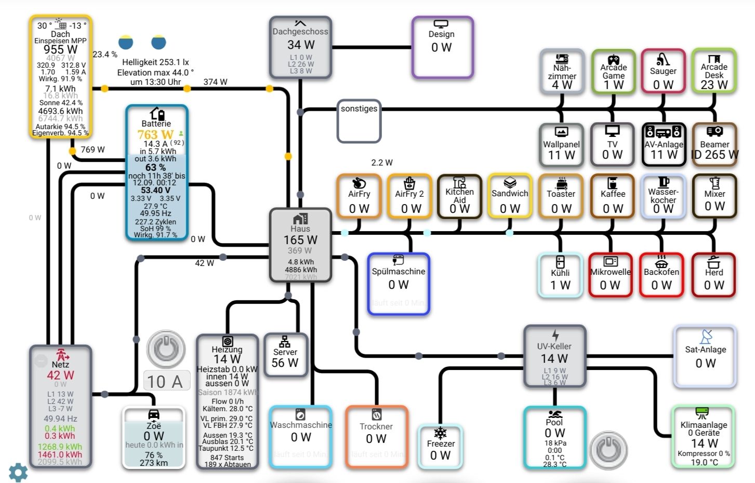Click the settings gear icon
coord(18,472)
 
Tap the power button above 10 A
coord(166,349)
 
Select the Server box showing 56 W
coord(285,355)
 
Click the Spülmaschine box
coord(399,284)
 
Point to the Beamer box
coord(714,145)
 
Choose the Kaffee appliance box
coord(613,196)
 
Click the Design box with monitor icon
coord(442,47)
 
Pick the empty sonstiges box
coord(359,121)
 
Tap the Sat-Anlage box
coord(705,357)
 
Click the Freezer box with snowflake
coord(440,446)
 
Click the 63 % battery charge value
coord(155,168)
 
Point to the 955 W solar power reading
coord(60,49)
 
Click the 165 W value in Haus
coord(300,240)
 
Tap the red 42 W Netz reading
coord(60,375)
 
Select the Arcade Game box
coord(613,71)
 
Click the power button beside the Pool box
coord(608,449)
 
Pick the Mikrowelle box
coord(610,275)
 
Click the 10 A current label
coord(165,382)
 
